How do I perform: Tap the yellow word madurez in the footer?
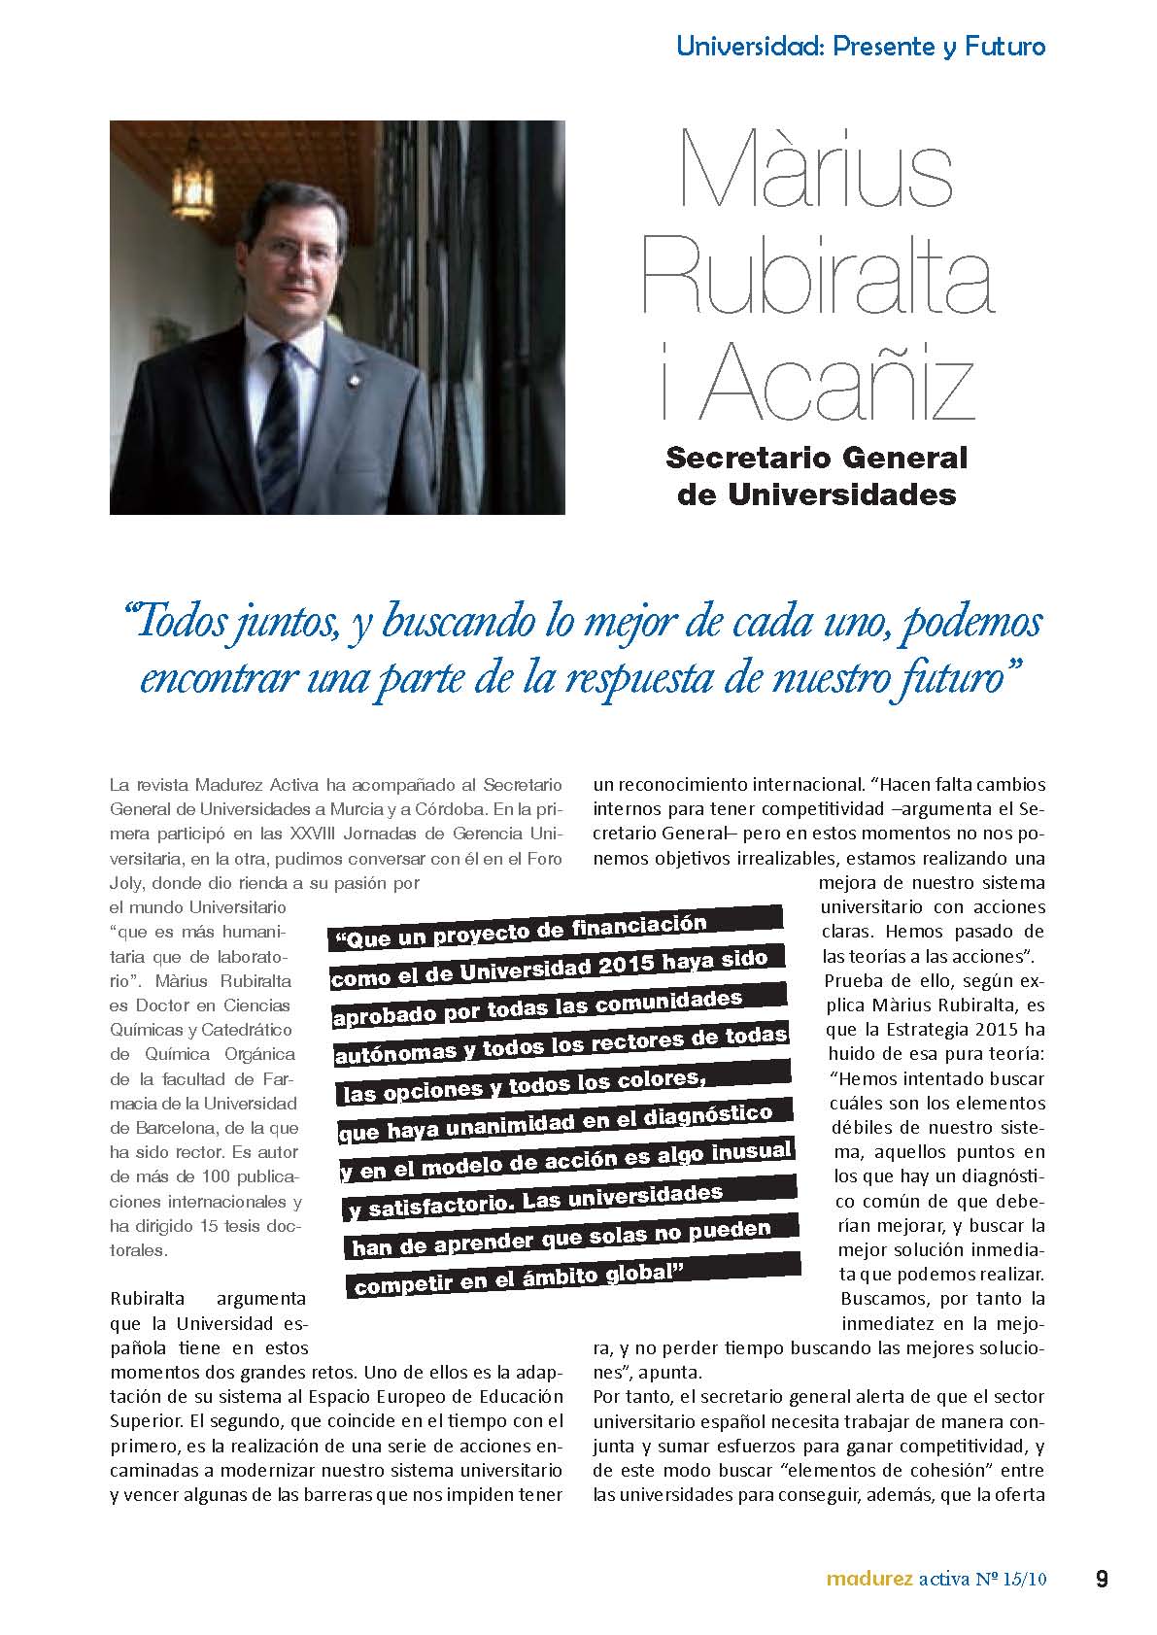point(868,1579)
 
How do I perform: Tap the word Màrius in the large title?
point(817,171)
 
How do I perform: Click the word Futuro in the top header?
point(1005,46)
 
